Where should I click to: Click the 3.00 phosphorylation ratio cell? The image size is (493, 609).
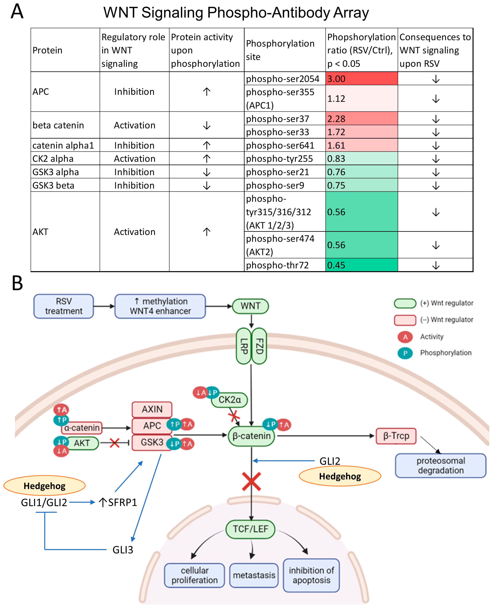361,79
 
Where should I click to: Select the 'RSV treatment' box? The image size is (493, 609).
64,306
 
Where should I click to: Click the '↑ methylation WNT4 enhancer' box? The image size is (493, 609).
160,306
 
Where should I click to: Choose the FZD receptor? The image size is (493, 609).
259,346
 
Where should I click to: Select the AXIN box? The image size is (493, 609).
152,409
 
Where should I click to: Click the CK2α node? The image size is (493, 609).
229,400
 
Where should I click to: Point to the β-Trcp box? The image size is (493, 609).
396,436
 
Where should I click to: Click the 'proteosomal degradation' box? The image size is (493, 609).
440,465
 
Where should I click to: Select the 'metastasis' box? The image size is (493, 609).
254,575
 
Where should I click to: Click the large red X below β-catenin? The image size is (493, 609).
251,481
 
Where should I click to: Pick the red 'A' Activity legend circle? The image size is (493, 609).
405,337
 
